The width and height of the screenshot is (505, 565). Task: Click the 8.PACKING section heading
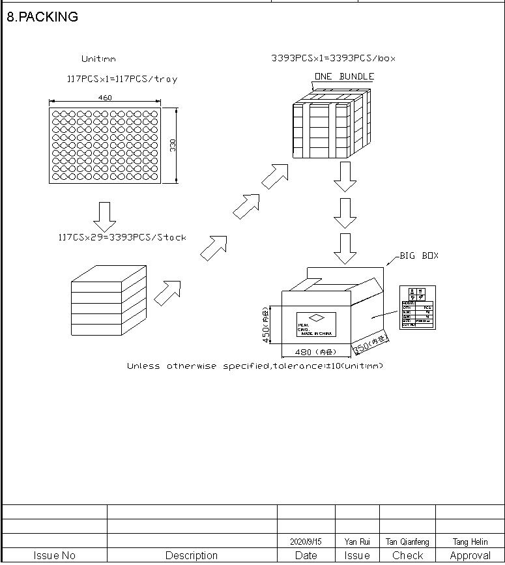[x=42, y=18]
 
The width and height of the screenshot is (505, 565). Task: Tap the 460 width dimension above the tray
[x=105, y=98]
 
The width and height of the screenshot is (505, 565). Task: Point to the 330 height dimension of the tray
[x=173, y=145]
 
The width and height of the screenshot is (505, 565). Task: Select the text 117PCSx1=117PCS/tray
[x=122, y=79]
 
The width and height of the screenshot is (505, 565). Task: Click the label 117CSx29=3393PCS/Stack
[x=122, y=237]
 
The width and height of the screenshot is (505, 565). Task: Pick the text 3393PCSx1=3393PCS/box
[x=333, y=58]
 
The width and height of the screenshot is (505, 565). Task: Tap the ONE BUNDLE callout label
[x=344, y=76]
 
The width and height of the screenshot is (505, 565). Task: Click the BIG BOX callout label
[x=419, y=255]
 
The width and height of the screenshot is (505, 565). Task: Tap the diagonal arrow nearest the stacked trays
[x=167, y=293]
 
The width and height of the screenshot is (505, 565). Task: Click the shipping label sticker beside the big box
[x=417, y=307]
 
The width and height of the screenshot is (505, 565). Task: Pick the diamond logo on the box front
[x=316, y=318]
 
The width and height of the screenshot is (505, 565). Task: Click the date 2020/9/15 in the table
[x=306, y=542]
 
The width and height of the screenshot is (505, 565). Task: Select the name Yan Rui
[x=357, y=542]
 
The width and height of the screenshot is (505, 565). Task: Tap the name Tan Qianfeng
[x=407, y=542]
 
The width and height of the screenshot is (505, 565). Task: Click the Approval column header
[x=470, y=556]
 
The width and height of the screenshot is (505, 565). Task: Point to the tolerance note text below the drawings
[x=255, y=366]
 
